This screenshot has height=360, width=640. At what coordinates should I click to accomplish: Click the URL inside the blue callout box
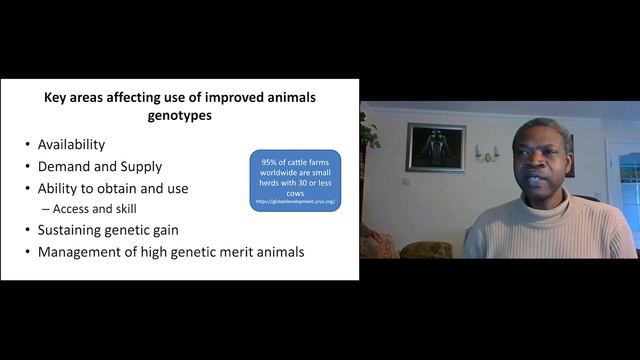click(295, 201)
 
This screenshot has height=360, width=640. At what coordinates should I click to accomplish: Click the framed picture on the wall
click(435, 147)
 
